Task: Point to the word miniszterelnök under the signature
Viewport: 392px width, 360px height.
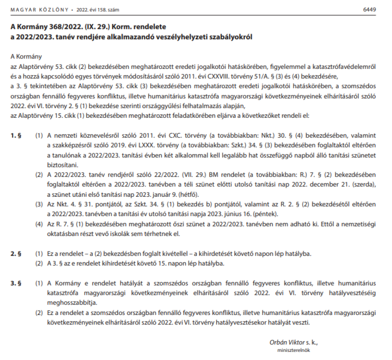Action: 293,350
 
